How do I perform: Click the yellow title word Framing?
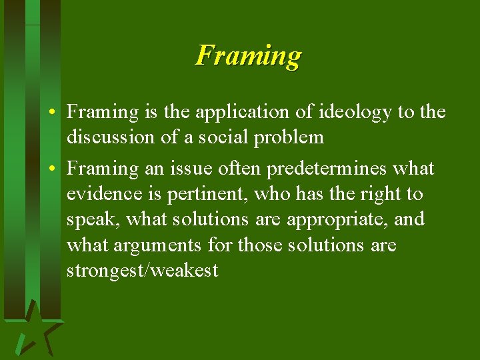point(248,55)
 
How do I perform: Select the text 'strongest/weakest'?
point(142,271)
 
